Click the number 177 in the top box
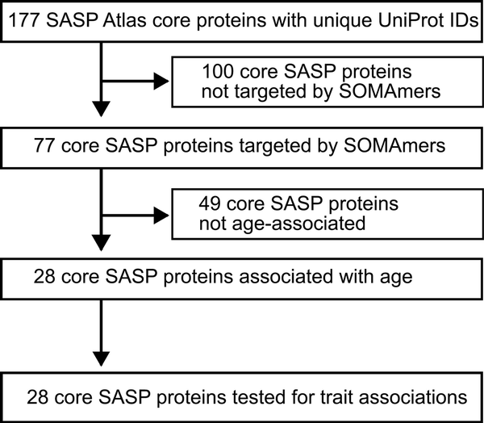point(24,20)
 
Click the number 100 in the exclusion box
point(218,71)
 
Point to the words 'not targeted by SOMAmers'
point(321,91)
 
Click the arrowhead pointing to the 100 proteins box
point(161,82)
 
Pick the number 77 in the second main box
point(44,145)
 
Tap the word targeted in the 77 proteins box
point(274,146)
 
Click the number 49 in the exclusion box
point(210,203)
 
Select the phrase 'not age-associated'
point(282,224)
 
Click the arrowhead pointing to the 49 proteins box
point(161,216)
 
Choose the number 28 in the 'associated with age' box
point(44,276)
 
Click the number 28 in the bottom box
point(38,396)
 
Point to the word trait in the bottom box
point(336,396)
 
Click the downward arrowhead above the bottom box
point(102,358)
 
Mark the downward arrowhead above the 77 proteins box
point(102,109)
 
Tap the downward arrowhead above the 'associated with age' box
point(102,243)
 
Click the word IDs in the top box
point(465,20)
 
